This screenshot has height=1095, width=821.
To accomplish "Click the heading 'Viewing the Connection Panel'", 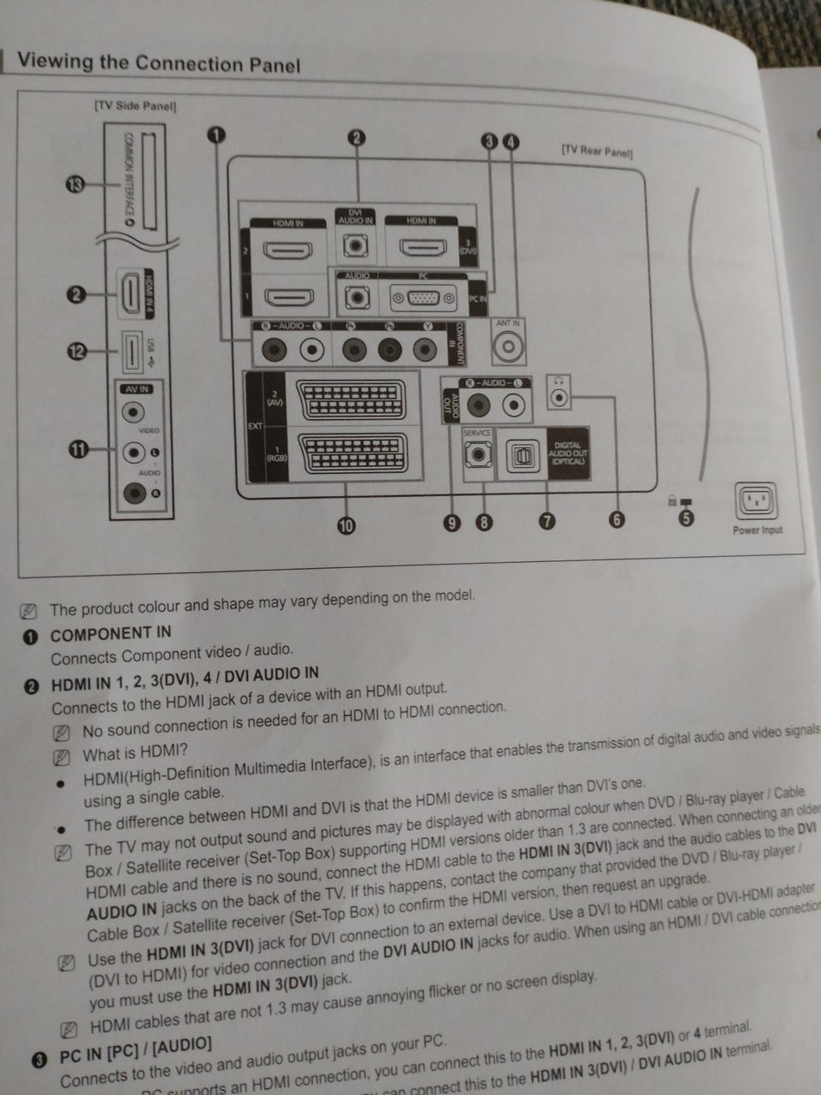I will (x=159, y=63).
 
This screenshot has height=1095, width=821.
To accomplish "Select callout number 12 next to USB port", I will (x=78, y=351).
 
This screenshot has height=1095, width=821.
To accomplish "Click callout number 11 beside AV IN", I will (x=79, y=449).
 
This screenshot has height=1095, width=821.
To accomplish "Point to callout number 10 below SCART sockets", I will (x=346, y=525).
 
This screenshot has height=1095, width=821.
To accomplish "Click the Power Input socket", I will (x=756, y=501).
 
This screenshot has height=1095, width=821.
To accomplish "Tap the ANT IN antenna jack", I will (x=508, y=346).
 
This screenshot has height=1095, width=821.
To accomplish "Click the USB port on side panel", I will (x=130, y=352).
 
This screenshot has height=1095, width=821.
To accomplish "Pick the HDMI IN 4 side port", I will (x=129, y=293).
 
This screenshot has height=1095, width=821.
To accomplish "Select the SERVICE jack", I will (x=477, y=454).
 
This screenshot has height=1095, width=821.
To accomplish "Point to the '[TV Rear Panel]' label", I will (x=596, y=151).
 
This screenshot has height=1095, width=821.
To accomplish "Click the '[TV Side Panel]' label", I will (x=135, y=106).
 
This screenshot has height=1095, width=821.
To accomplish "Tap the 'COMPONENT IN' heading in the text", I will (x=110, y=634).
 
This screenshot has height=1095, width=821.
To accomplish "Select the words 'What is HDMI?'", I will (x=135, y=754).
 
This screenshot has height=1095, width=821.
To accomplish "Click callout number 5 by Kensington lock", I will (x=686, y=518).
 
